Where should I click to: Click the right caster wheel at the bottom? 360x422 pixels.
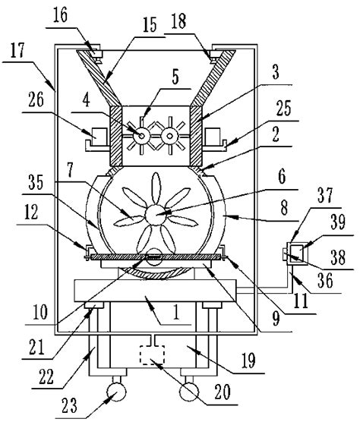point(191,393)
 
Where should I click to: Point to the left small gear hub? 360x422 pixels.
point(142,134)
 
